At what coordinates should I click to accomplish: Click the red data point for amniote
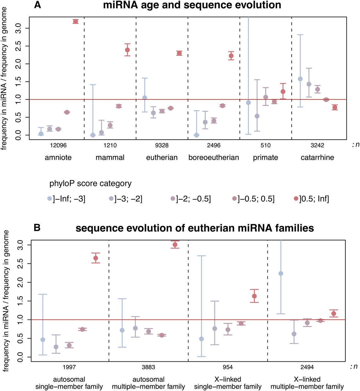point(75,21)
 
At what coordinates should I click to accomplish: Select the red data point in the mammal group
point(127,50)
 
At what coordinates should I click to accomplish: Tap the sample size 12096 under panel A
point(58,145)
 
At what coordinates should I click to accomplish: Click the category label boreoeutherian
point(214,158)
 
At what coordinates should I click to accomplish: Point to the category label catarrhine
point(317,158)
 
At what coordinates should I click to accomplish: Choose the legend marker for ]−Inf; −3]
point(49,199)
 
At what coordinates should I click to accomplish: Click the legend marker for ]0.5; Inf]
point(296,199)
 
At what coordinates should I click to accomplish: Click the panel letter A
point(37,5)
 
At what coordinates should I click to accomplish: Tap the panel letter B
point(37,228)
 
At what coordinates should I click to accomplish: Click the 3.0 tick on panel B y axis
point(20,245)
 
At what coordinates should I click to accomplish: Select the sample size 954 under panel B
point(228,367)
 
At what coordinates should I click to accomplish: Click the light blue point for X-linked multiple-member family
point(281,273)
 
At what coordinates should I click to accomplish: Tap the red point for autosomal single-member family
point(96,258)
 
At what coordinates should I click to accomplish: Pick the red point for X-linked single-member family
point(254,296)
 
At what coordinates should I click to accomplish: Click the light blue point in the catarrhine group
point(300,79)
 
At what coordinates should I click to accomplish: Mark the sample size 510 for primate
point(265,145)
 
